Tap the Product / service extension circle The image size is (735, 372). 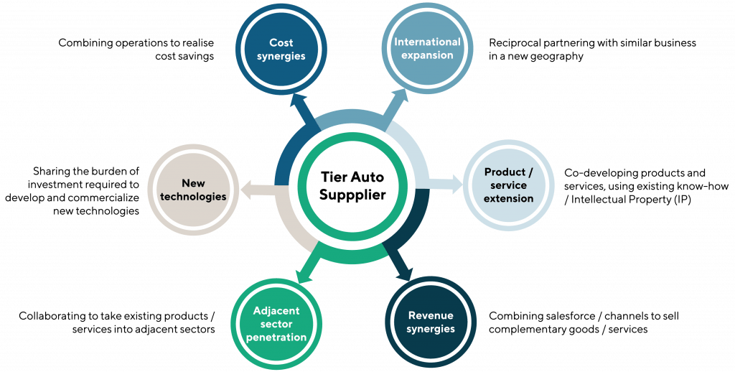click(x=509, y=185)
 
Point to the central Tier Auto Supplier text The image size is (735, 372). click(x=352, y=186)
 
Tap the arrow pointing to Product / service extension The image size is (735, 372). click(x=449, y=183)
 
